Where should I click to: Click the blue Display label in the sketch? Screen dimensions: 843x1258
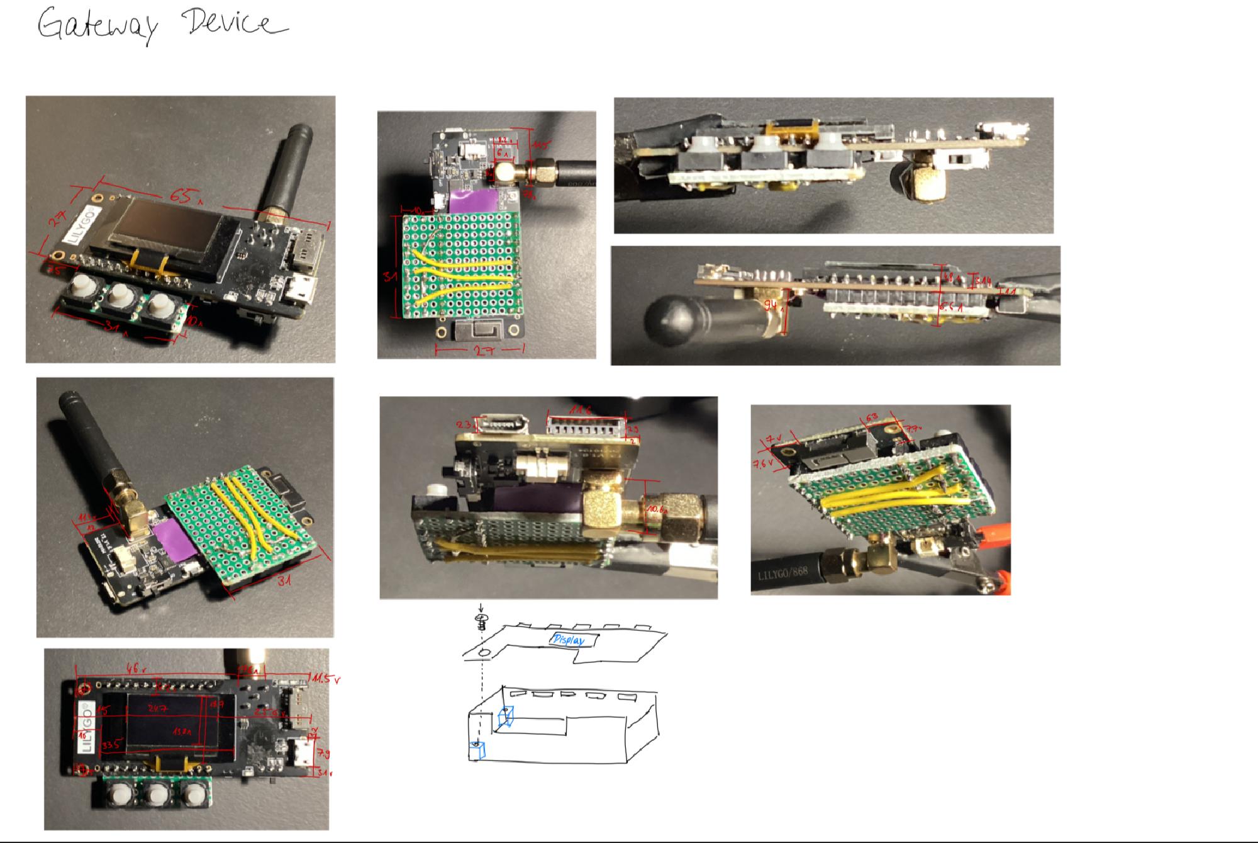pyautogui.click(x=568, y=640)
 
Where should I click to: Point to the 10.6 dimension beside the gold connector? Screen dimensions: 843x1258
pyautogui.click(x=657, y=509)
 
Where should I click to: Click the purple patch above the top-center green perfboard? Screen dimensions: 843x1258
pyautogui.click(x=473, y=201)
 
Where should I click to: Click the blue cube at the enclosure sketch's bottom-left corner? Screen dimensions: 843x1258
pyautogui.click(x=478, y=751)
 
